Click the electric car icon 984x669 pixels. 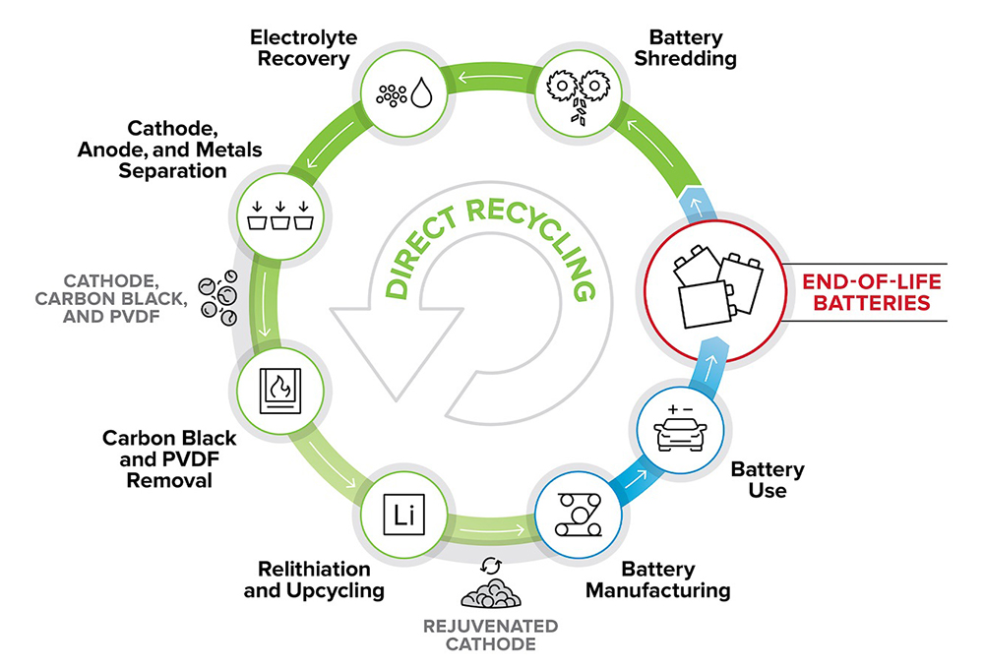[x=680, y=432]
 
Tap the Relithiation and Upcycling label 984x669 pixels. [x=314, y=580]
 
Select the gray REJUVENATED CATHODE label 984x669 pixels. [x=491, y=636]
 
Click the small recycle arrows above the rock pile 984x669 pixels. [x=490, y=566]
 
